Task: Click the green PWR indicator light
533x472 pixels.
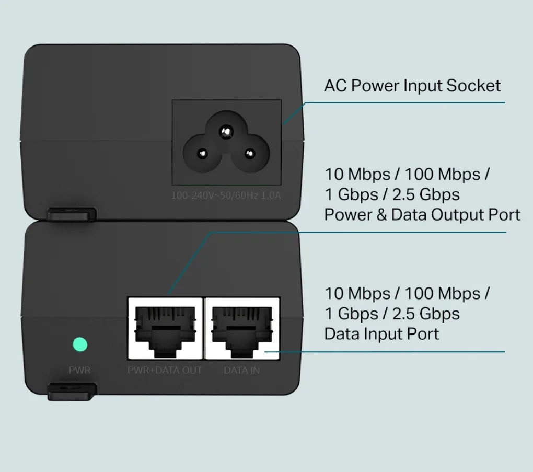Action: (80, 344)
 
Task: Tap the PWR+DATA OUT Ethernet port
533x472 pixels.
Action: (165, 328)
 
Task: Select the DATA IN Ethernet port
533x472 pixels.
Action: (242, 328)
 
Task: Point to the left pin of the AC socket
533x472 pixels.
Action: (203, 154)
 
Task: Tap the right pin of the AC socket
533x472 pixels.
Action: (250, 154)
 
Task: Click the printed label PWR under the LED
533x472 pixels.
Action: (79, 370)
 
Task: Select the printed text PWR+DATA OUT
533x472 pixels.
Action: (165, 370)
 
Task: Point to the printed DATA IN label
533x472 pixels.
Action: (242, 370)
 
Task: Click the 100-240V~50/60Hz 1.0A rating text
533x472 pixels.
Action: (226, 195)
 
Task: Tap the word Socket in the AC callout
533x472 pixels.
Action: (473, 86)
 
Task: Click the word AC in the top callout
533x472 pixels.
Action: (335, 86)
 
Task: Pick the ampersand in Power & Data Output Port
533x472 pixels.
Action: (381, 215)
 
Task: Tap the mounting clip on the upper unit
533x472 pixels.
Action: (72, 214)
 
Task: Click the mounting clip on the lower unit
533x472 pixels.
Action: (72, 391)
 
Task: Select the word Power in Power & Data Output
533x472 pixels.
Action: (348, 215)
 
